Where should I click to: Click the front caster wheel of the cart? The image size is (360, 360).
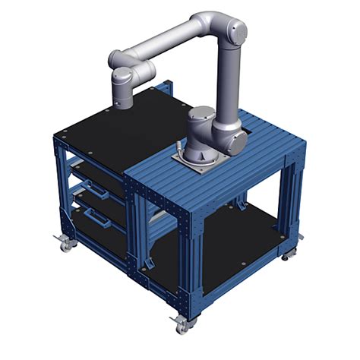point(182,324)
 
